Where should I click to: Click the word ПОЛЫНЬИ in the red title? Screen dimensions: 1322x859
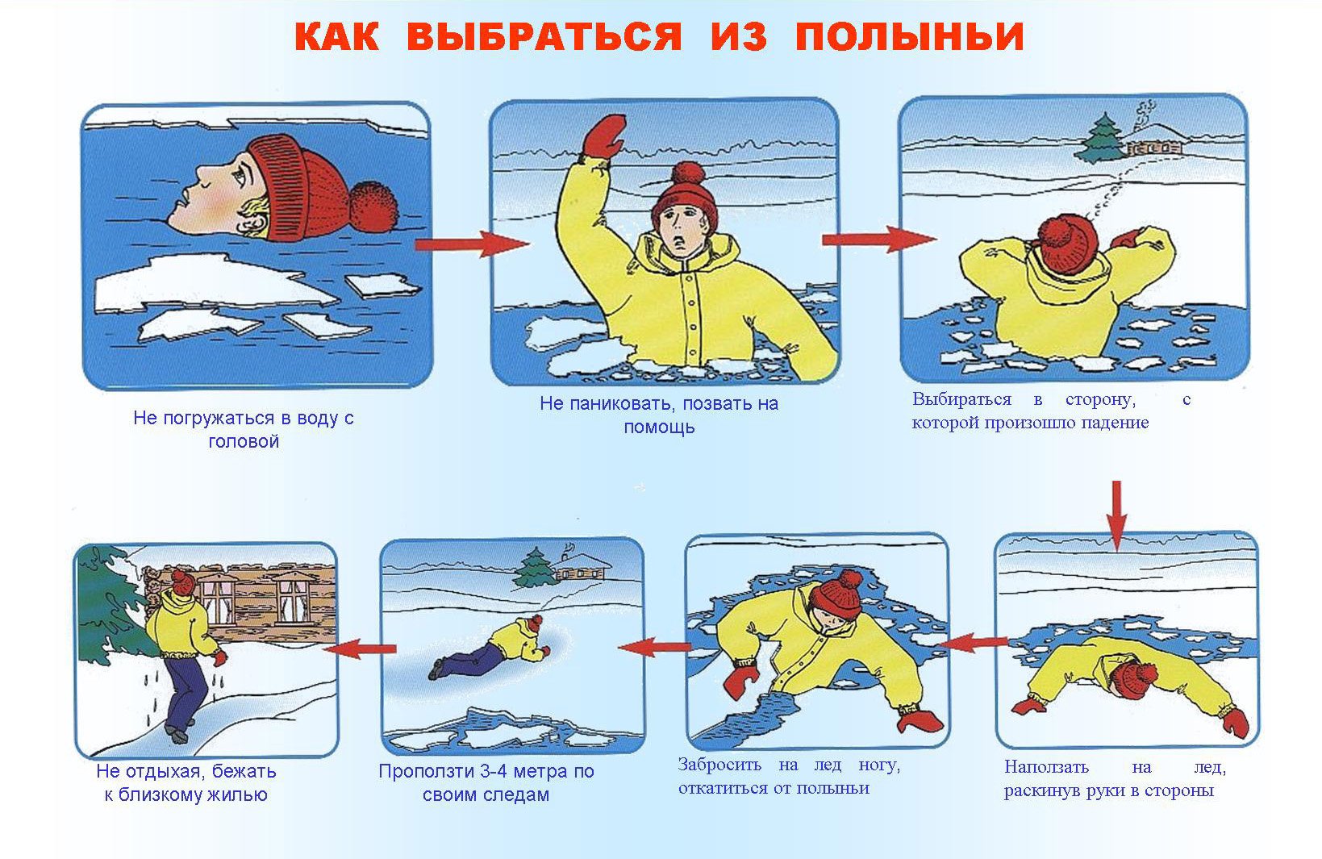tap(910, 36)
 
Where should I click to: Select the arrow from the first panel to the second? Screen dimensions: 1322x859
tap(471, 244)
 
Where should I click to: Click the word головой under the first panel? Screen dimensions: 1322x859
tap(243, 441)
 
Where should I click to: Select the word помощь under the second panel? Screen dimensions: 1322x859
tap(659, 427)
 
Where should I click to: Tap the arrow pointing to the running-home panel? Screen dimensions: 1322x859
tap(360, 648)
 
